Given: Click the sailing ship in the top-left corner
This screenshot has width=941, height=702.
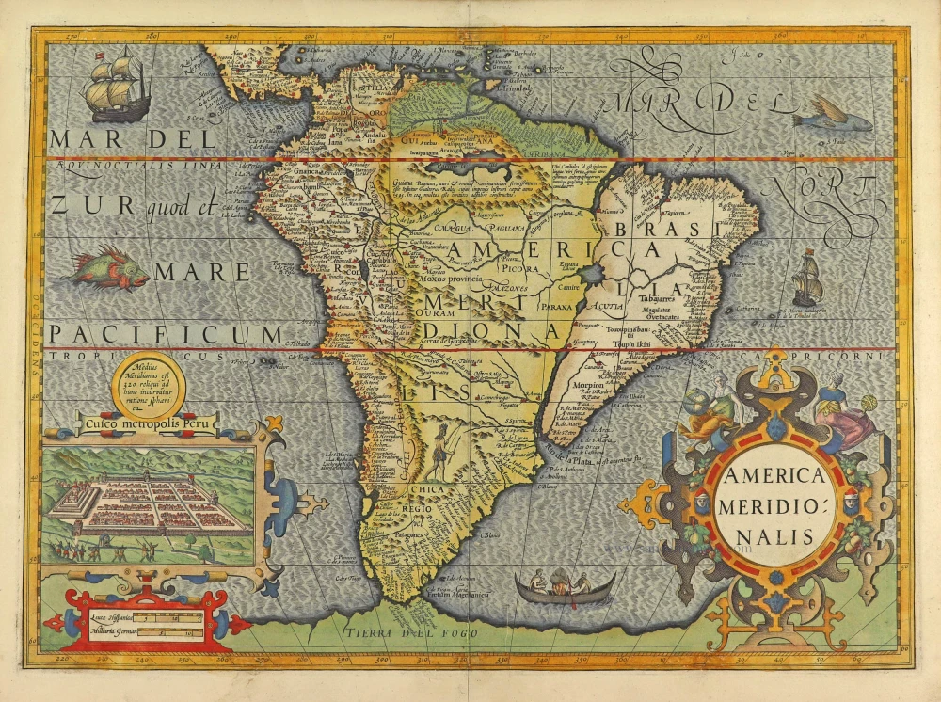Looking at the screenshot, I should point(115,87).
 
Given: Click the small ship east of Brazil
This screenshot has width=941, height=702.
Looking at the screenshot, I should point(807,279).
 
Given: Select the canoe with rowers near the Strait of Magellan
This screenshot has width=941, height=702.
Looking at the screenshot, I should point(566,589).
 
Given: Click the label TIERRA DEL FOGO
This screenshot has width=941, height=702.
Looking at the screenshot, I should point(411,633).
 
